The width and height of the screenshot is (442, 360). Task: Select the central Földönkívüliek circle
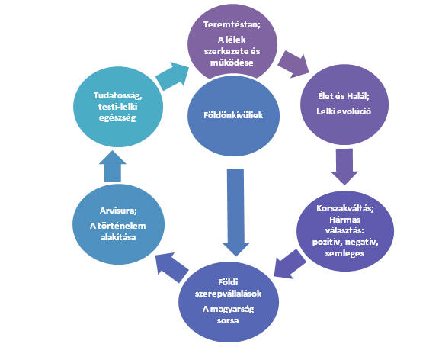[233, 115]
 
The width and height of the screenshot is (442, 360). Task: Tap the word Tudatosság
[118, 95]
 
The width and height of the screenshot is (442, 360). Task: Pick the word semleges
[344, 253]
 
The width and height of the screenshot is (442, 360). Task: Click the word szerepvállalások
[228, 294]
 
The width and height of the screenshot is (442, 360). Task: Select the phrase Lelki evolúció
[344, 111]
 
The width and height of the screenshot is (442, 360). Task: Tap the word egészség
[117, 117]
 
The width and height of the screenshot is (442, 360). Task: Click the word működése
[232, 63]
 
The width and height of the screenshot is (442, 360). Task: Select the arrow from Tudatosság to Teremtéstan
[171, 76]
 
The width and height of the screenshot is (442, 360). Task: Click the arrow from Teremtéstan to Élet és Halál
[293, 64]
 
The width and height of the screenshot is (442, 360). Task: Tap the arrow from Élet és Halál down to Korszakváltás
[344, 166]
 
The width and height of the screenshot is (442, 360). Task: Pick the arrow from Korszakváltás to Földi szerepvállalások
[290, 264]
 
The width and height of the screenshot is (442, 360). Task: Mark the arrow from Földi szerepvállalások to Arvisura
[172, 267]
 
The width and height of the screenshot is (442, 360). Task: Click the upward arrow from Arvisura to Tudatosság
[113, 166]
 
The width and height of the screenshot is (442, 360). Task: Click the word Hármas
[344, 220]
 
